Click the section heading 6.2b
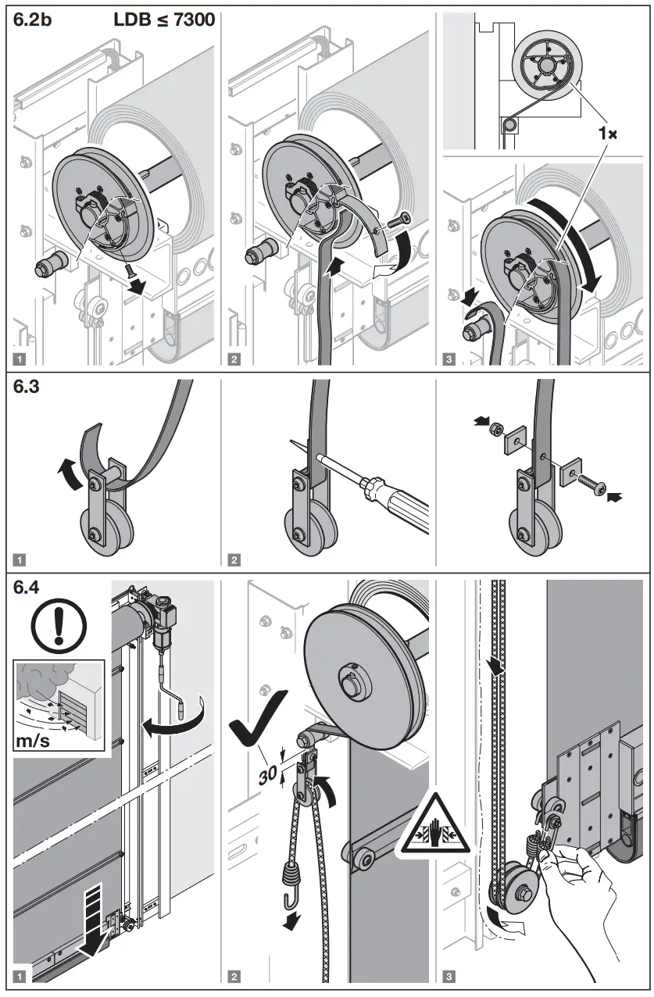pyautogui.click(x=34, y=21)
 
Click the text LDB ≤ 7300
pyautogui.click(x=164, y=20)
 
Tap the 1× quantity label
pyautogui.click(x=607, y=134)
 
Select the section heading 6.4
pyautogui.click(x=30, y=588)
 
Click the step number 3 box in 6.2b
pyautogui.click(x=449, y=359)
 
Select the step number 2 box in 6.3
pyautogui.click(x=234, y=559)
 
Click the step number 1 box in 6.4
pyautogui.click(x=20, y=976)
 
